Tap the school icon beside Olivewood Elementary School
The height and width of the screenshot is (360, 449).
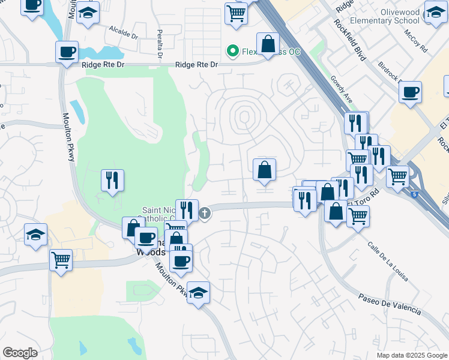[x=435, y=11]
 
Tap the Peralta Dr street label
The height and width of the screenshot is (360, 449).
[x=160, y=43]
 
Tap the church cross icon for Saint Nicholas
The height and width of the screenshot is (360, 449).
[x=205, y=213]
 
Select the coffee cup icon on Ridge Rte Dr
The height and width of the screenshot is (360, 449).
[x=67, y=52]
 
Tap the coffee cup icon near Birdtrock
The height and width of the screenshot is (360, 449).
[x=411, y=92]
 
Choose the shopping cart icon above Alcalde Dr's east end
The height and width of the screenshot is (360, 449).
[x=236, y=13]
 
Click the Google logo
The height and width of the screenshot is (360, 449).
[x=20, y=353]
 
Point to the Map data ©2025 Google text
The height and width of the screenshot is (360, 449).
[x=411, y=355]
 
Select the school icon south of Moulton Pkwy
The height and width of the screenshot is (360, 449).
[x=198, y=292]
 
